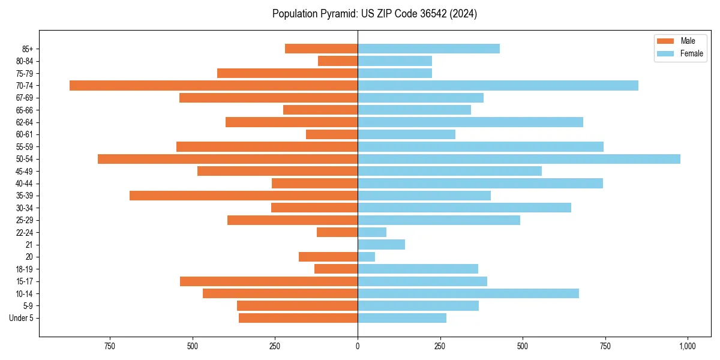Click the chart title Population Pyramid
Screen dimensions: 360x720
tap(374, 14)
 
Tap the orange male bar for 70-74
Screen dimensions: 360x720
tap(214, 85)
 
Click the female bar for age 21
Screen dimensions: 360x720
tap(381, 244)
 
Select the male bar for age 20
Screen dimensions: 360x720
tap(328, 257)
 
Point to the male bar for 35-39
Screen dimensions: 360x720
tap(244, 196)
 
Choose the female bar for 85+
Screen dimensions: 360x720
tap(428, 49)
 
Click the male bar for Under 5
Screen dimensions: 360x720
tap(298, 318)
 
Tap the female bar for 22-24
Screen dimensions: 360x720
tap(372, 232)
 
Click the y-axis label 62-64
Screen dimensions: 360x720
tap(25, 122)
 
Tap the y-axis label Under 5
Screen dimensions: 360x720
tap(22, 318)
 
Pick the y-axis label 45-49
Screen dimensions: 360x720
tap(25, 171)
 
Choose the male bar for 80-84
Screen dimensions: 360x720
tap(338, 61)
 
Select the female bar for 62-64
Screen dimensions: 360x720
tap(470, 122)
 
